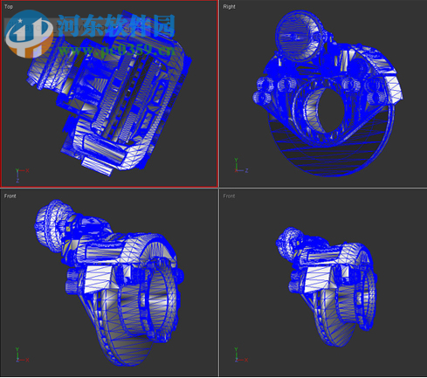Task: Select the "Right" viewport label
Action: coord(229,6)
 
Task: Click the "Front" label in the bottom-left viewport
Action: coord(10,196)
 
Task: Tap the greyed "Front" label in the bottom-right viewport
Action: coord(229,196)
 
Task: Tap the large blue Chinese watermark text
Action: coord(114,26)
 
